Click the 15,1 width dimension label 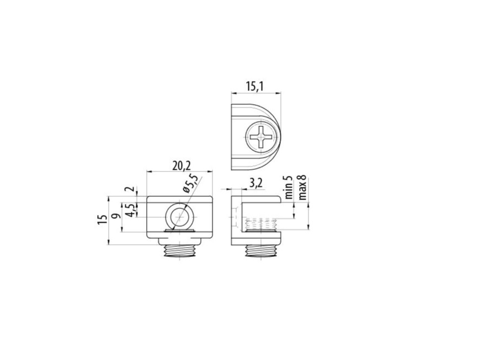[x=254, y=86]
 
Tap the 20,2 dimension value [x=182, y=166]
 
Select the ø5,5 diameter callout [x=190, y=184]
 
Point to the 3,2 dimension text [x=256, y=183]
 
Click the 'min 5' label [x=289, y=187]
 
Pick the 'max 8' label [x=302, y=187]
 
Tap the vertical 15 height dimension [x=102, y=219]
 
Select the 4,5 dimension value [x=131, y=210]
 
